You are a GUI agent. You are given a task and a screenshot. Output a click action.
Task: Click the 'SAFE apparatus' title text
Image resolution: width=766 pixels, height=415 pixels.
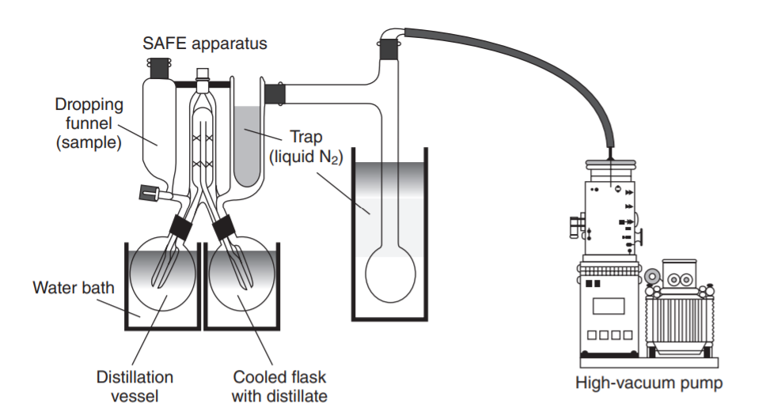[204, 43]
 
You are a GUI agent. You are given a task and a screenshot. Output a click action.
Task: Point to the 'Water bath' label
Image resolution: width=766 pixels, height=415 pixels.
[73, 287]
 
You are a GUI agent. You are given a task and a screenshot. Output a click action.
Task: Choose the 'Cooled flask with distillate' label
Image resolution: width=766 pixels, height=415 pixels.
[279, 386]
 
